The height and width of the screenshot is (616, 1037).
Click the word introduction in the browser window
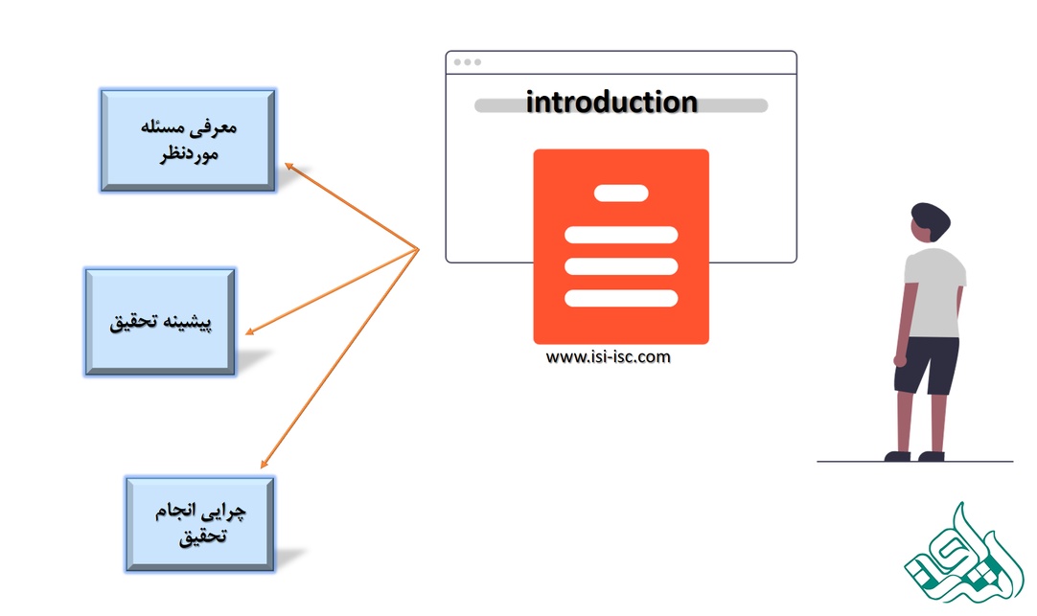coord(611,103)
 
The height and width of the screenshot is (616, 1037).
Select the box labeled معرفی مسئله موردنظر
coord(188,140)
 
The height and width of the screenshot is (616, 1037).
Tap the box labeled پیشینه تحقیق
coord(160,322)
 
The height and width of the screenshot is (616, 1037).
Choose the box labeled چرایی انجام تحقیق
coord(200,523)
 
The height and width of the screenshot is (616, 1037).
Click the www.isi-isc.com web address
coord(608,357)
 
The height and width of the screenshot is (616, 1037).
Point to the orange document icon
coord(621,246)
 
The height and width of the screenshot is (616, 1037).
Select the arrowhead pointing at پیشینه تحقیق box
coord(250,331)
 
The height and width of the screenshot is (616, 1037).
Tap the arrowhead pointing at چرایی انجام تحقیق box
coord(264,464)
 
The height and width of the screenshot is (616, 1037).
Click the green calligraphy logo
coord(963,554)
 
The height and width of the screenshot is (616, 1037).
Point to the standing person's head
coord(930,222)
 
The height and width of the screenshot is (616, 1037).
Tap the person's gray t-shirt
coord(933,292)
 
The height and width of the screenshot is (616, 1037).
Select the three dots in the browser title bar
coord(468,62)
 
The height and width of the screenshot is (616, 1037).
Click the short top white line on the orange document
coord(621,193)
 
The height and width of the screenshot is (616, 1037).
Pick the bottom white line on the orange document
coord(621,298)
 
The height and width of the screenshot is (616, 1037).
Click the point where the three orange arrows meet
coord(419,249)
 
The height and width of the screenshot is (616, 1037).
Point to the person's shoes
coord(914,456)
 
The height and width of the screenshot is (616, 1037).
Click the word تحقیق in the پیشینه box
coord(133,322)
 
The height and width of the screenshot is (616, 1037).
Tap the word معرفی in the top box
coord(217,127)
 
